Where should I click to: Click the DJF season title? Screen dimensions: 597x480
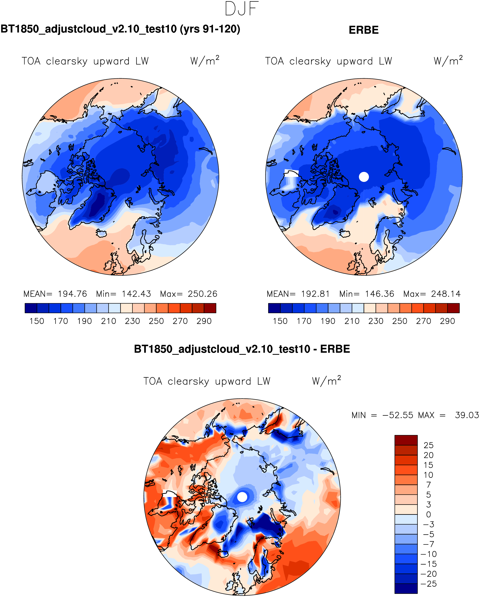coord(242,9)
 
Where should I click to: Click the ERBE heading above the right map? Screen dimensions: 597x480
coord(364,30)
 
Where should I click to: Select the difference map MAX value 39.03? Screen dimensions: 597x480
coord(467,415)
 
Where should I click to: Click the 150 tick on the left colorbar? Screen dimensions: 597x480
coord(37,321)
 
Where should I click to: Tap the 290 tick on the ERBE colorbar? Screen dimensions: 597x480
coord(447,321)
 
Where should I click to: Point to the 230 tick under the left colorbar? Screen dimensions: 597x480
coord(132,321)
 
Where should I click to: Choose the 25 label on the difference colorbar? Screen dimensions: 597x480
coord(428,445)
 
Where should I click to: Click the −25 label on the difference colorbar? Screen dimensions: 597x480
coord(428,584)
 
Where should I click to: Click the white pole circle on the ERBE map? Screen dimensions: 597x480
coord(364,177)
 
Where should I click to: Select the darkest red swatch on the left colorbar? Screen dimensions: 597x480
coord(210,308)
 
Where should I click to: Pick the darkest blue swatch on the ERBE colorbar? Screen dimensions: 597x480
coord(274,308)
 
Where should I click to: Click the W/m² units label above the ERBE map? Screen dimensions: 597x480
coord(448,61)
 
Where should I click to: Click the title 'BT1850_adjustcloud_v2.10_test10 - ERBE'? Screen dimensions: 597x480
coord(242,349)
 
